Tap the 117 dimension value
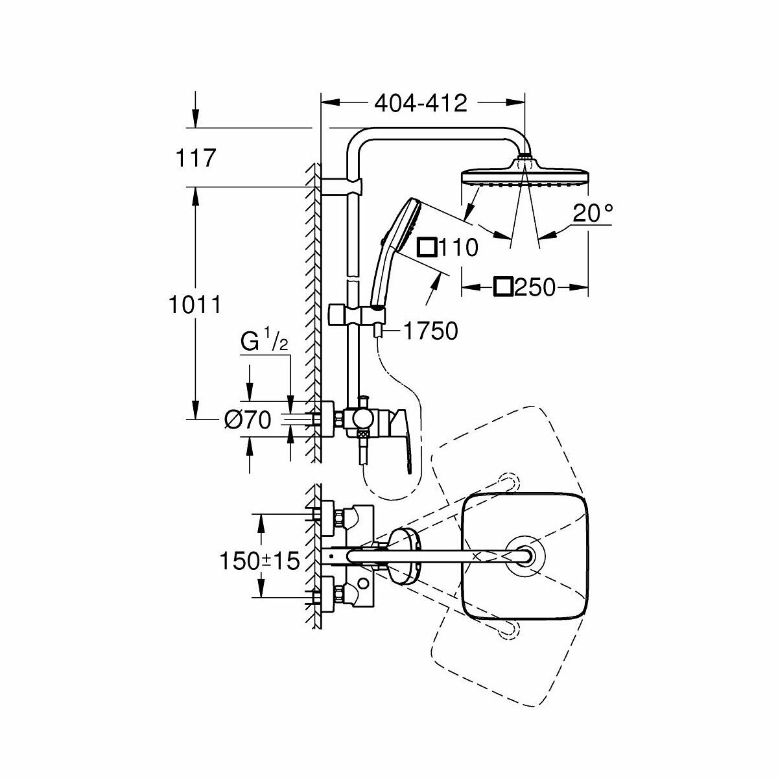[x=194, y=158]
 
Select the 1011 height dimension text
[x=193, y=305]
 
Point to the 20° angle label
[x=592, y=213]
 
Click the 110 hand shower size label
[x=458, y=247]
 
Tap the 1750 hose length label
[x=430, y=331]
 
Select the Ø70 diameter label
[x=247, y=421]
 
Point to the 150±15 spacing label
[x=259, y=561]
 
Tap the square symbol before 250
[x=504, y=287]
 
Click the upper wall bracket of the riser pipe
[x=342, y=187]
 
